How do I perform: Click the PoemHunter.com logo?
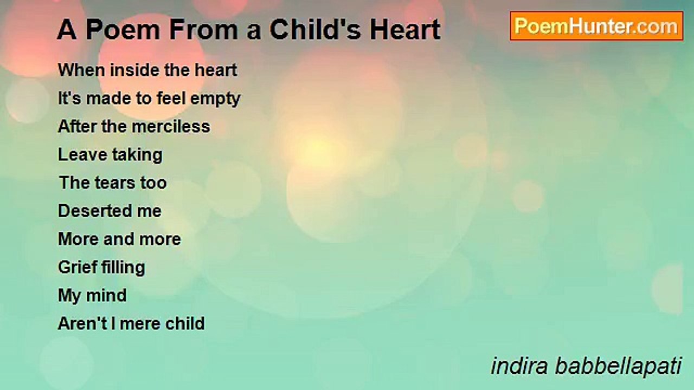point(596,26)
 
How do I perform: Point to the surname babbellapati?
point(618,366)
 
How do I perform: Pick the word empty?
point(216,99)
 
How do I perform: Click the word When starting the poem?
point(79,70)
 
